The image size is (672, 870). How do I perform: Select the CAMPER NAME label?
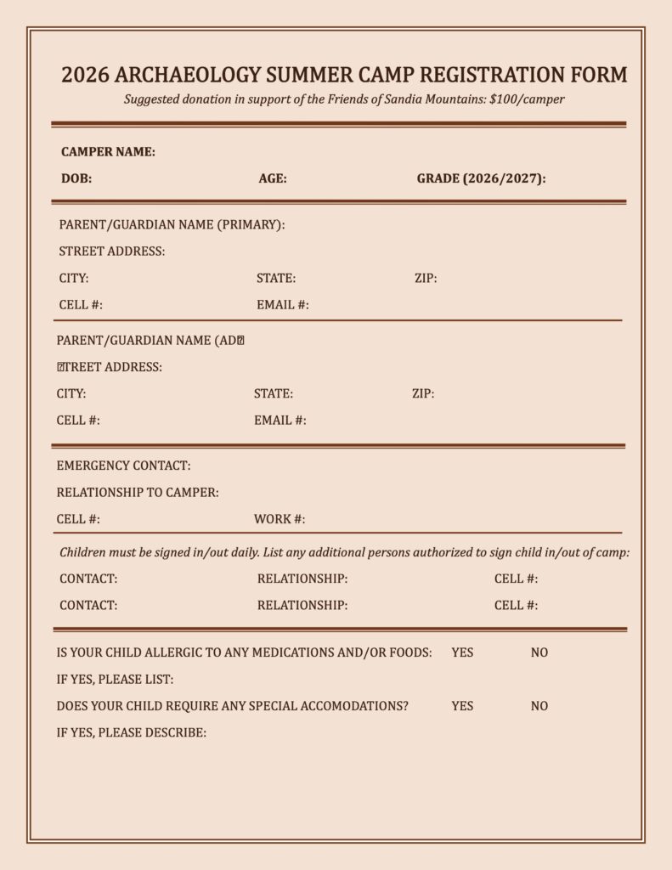(x=108, y=152)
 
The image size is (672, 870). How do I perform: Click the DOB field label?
(x=76, y=179)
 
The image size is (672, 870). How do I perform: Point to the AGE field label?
(x=273, y=179)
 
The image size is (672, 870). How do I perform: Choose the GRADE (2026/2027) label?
(x=481, y=179)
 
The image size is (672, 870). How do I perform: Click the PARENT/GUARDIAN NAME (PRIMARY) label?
(x=172, y=225)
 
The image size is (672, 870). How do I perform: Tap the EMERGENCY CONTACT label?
(x=123, y=466)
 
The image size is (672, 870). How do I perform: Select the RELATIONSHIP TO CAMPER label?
(x=138, y=493)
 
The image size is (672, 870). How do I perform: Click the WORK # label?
(x=280, y=520)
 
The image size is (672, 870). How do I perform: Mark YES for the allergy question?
(x=462, y=652)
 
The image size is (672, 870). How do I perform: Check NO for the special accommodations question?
(x=539, y=706)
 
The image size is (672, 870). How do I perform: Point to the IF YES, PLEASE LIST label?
(x=115, y=680)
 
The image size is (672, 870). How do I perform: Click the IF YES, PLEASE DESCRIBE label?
(x=132, y=732)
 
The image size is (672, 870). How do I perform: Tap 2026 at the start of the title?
(x=85, y=75)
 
